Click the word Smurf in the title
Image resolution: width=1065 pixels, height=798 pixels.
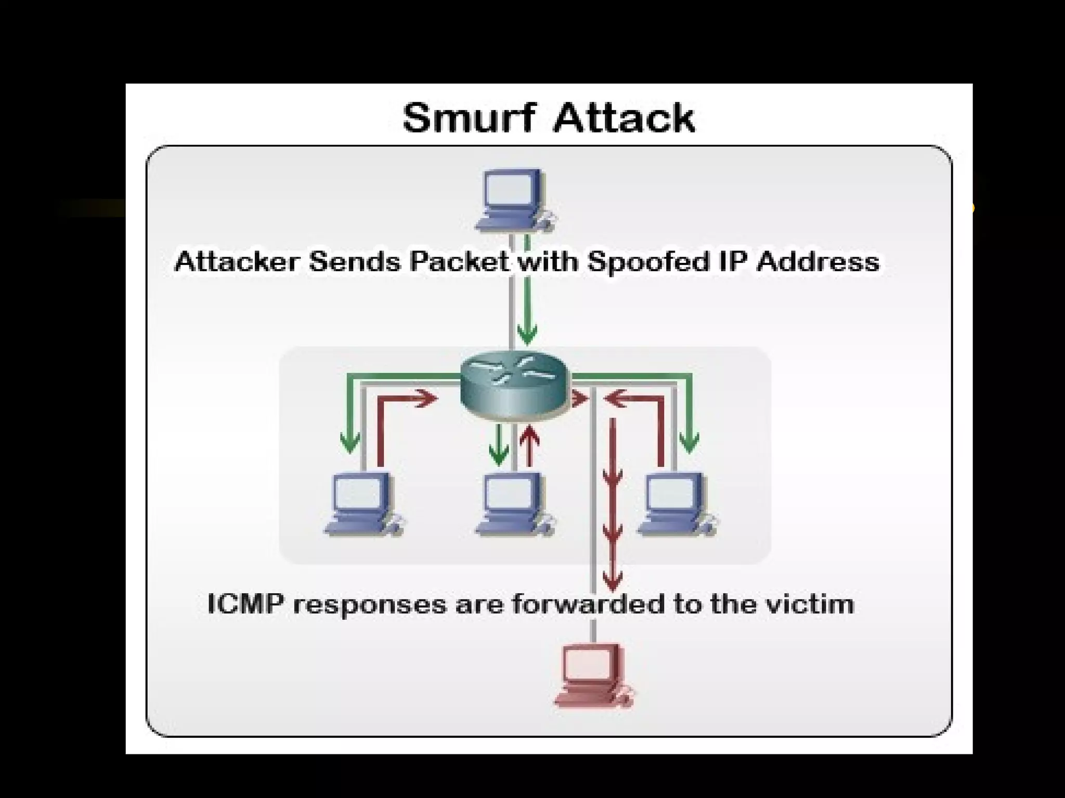point(468,118)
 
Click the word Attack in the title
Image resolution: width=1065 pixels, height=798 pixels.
point(624,118)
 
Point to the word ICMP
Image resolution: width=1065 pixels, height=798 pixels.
point(246,604)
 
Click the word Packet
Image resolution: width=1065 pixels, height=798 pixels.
point(459,261)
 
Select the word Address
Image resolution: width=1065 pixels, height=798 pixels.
point(817,261)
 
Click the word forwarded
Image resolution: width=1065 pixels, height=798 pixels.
point(588,604)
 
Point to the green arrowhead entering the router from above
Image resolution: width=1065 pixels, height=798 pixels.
point(527,335)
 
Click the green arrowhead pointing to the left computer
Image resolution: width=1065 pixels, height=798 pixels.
point(349,443)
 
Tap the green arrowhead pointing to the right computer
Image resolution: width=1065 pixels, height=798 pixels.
point(690,443)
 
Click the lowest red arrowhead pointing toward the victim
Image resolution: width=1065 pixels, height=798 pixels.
point(613,579)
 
